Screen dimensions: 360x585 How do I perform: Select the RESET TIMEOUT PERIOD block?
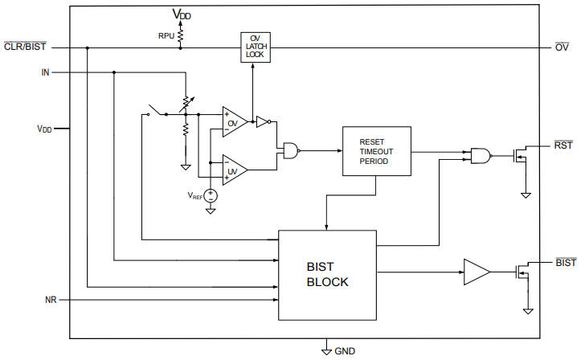pos(376,151)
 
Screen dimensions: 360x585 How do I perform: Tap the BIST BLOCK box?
pos(327,274)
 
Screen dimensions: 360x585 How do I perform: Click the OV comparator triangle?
pos(235,122)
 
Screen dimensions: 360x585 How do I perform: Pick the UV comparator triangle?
pos(235,169)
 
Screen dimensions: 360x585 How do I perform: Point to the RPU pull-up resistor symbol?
pos(181,35)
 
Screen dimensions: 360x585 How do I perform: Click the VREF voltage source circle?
pos(211,194)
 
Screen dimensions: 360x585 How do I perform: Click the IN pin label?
pos(46,72)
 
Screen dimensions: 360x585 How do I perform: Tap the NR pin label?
pos(50,300)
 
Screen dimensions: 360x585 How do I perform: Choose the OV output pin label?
pos(562,47)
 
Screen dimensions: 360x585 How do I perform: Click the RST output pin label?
pos(562,145)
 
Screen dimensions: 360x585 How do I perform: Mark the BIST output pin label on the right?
pos(566,263)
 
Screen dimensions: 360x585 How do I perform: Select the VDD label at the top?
pos(182,14)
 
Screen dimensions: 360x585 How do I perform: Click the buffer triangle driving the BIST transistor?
pos(475,272)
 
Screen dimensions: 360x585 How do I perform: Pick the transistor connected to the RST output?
pos(520,156)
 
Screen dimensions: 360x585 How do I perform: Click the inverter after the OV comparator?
pos(262,122)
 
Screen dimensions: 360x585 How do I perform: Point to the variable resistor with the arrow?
pos(186,102)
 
